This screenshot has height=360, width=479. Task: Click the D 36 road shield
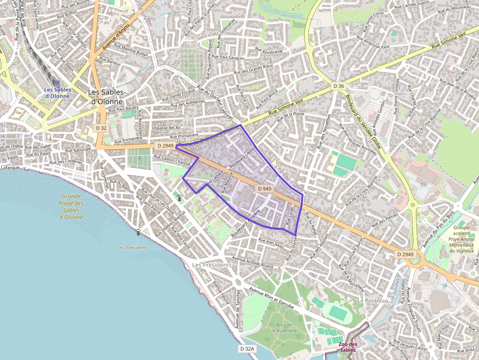[x=339, y=86]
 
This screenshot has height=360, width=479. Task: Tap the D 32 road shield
[x=101, y=128]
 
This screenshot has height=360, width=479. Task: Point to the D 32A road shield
[x=248, y=349]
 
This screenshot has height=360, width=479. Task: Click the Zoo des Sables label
[x=348, y=347]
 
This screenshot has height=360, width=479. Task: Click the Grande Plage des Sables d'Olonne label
[x=71, y=204]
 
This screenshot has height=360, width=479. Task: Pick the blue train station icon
[x=57, y=83]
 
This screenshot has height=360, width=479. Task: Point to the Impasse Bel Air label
[x=166, y=128]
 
